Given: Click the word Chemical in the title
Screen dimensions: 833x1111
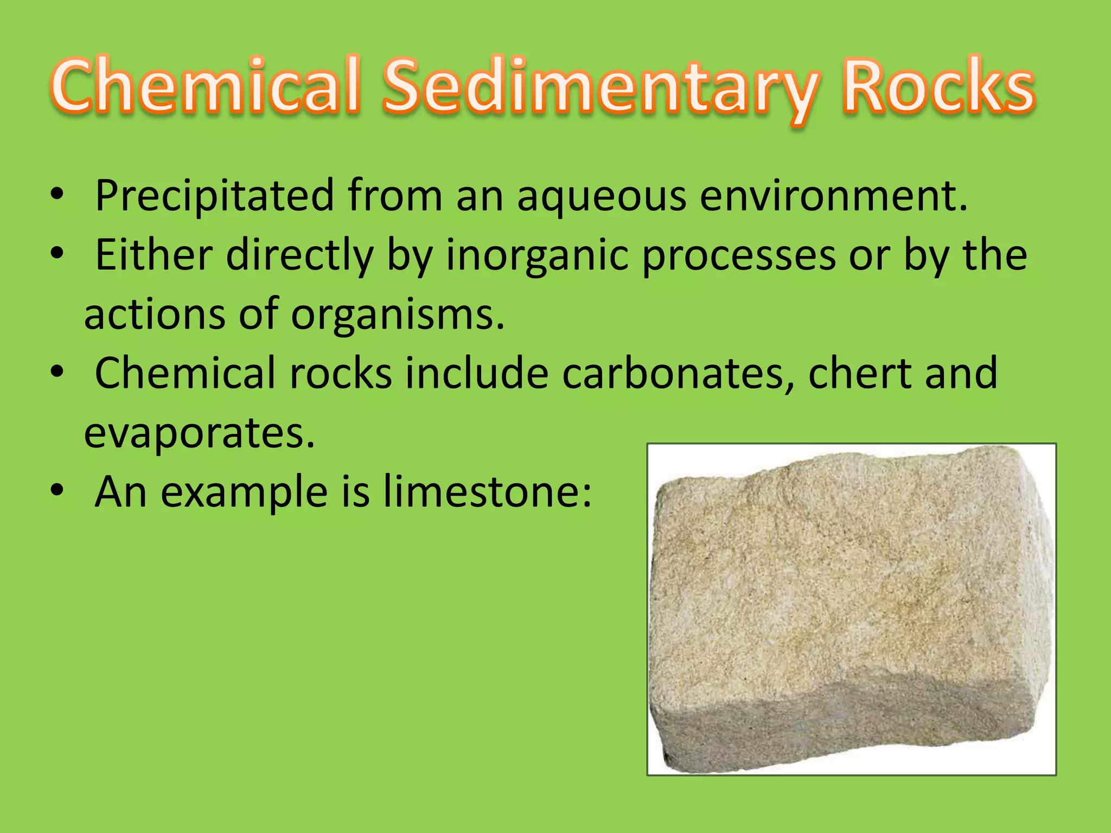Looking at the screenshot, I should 206,87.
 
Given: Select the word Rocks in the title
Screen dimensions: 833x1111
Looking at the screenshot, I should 938,87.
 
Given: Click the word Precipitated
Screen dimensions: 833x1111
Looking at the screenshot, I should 214,196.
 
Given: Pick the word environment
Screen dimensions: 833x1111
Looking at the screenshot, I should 833,196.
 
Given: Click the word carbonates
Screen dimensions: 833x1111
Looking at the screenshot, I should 678,374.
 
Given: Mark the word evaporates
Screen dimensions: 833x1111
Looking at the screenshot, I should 199,433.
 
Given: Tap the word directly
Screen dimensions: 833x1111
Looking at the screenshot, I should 300,256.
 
